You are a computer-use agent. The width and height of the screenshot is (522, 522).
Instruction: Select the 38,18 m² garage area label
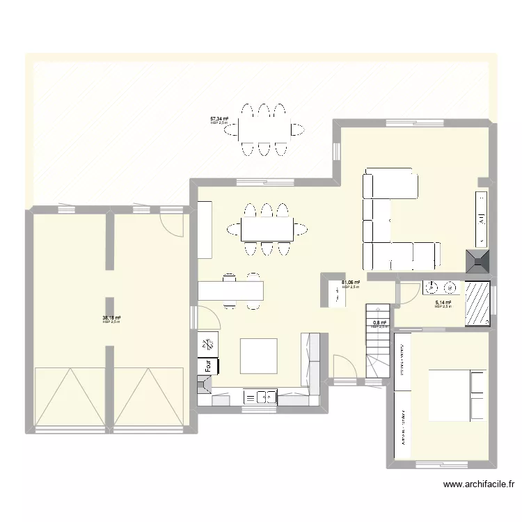(111, 319)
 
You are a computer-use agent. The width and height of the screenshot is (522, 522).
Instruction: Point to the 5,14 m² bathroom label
(443, 303)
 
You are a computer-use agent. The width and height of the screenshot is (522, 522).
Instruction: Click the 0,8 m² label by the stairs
(379, 324)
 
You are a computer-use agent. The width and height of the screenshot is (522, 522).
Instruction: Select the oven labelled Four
(208, 364)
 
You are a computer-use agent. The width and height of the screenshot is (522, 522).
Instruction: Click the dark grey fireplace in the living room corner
(478, 261)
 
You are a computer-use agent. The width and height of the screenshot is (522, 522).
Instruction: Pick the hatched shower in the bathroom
(477, 303)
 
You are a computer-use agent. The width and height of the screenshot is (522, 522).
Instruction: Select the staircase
(377, 341)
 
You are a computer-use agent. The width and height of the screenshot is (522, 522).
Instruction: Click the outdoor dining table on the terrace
(264, 129)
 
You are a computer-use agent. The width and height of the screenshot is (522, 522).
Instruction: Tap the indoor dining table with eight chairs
(267, 228)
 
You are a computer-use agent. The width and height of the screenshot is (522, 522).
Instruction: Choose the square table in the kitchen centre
(258, 356)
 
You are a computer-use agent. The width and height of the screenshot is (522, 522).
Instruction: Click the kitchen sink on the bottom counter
(260, 397)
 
